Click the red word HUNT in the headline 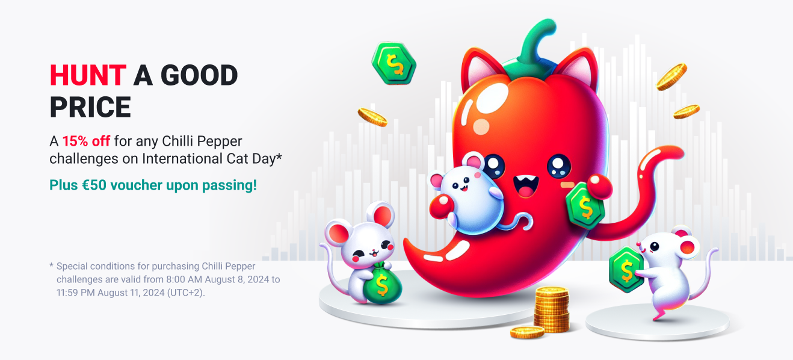pyautogui.click(x=88, y=75)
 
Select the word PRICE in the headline pyautogui.click(x=90, y=107)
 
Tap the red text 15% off pyautogui.click(x=87, y=141)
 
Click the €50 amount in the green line pyautogui.click(x=94, y=185)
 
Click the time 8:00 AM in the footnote pyautogui.click(x=184, y=279)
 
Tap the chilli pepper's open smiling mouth pyautogui.click(x=526, y=187)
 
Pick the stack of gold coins pyautogui.click(x=552, y=309)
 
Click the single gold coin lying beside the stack pyautogui.click(x=527, y=332)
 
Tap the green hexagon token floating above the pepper pyautogui.click(x=393, y=63)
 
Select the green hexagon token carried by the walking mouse pyautogui.click(x=626, y=270)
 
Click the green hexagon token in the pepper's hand pyautogui.click(x=585, y=205)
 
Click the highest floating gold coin pyautogui.click(x=671, y=77)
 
